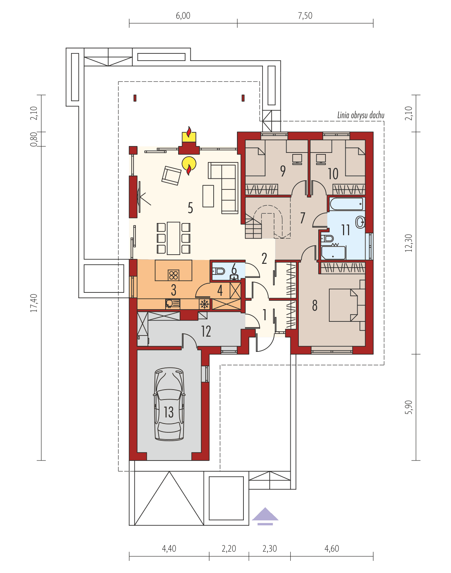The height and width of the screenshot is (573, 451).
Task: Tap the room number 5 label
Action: point(190,208)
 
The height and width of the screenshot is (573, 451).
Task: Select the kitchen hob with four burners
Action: point(174,274)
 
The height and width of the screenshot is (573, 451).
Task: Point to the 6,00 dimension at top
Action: point(183,16)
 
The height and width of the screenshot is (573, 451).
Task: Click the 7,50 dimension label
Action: point(305,16)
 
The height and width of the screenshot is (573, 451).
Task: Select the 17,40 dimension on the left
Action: point(34,303)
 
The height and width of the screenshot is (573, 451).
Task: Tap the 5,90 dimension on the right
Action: point(409,407)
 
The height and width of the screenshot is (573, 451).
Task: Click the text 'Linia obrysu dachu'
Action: point(361,115)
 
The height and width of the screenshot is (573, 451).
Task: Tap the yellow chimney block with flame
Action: point(189,136)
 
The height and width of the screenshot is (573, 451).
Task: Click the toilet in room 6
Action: point(219,271)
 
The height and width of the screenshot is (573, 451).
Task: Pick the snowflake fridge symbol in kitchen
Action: point(205,304)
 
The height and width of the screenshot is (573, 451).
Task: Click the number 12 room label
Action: point(206,331)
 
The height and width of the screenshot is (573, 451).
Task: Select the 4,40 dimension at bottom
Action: point(169,549)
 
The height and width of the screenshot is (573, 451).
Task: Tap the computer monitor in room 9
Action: point(297,159)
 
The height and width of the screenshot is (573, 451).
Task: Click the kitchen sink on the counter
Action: point(173,304)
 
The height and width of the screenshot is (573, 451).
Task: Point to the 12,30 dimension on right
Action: point(409,243)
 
